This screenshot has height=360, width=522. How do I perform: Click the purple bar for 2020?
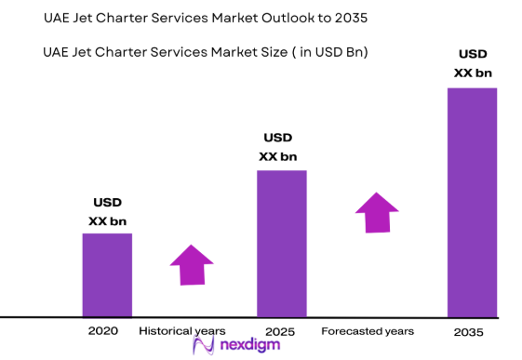click(x=107, y=274)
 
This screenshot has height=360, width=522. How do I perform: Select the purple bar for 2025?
click(x=282, y=243)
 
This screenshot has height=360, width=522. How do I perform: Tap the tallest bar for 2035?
click(x=472, y=202)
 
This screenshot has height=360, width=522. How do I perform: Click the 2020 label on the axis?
click(x=103, y=331)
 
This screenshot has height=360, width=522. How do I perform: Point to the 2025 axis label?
click(x=280, y=331)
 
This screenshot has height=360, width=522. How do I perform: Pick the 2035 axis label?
click(x=469, y=332)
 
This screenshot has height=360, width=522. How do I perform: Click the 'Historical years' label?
click(x=182, y=331)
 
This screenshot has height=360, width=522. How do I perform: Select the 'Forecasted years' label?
click(x=368, y=331)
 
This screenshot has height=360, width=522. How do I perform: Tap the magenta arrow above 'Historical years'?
click(x=193, y=265)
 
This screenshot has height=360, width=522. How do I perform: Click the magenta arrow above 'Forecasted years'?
click(x=377, y=213)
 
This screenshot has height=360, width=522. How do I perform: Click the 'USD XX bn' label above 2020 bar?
click(x=107, y=212)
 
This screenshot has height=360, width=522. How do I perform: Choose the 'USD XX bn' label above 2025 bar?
click(x=278, y=148)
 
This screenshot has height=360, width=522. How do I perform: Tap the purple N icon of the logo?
click(x=205, y=346)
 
